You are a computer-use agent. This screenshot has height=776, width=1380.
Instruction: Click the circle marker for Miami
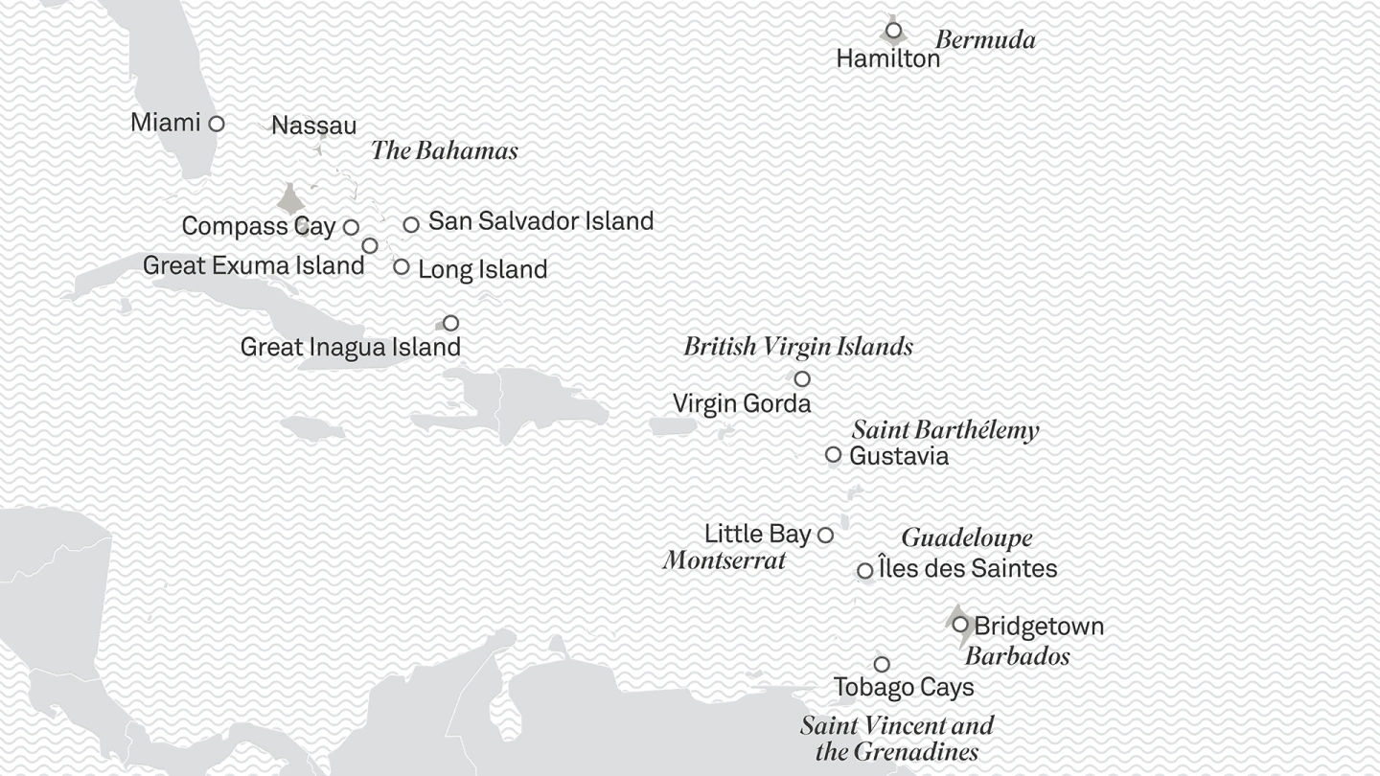pos(217,124)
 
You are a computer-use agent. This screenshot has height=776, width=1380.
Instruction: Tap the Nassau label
pos(313,126)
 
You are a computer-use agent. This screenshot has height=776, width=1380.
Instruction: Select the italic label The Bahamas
pos(444,150)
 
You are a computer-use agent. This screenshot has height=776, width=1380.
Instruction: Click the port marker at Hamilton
pos(893,31)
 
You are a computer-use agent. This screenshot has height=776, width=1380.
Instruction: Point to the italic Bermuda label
pos(985,40)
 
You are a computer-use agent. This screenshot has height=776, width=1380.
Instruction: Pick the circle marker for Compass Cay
pos(351,227)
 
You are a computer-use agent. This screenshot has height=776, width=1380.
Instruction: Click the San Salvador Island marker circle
pos(411,224)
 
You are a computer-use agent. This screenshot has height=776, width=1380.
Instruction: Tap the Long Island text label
pos(482,269)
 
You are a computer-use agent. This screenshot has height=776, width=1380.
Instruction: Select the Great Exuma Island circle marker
pos(370,246)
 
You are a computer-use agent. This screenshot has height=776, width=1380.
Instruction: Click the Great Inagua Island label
pos(350,347)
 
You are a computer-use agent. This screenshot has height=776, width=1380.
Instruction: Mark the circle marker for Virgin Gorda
pos(802,378)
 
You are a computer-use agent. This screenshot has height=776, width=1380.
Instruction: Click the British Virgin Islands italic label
pos(797,347)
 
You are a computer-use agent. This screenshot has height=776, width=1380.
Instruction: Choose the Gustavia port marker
pos(833,454)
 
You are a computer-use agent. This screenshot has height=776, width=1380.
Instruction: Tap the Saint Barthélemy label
pos(945,430)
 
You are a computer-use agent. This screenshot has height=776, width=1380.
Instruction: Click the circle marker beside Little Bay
pos(825,535)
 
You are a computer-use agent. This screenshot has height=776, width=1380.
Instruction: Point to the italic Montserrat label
pos(724,560)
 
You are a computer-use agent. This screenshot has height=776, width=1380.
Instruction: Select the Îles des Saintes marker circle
pos(864,570)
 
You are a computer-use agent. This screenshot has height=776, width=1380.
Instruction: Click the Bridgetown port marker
pos(960,625)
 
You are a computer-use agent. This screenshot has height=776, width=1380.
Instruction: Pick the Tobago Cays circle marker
pos(882,664)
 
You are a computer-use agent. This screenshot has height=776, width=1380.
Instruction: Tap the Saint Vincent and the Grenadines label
pos(897,738)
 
